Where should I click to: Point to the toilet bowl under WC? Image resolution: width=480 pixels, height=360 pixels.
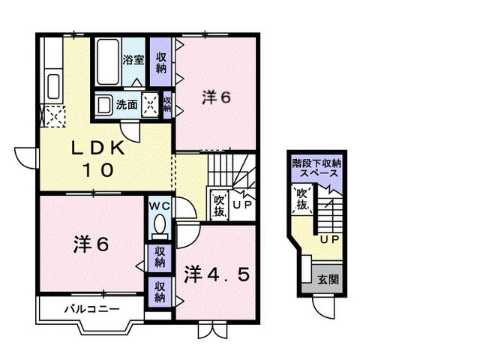159,225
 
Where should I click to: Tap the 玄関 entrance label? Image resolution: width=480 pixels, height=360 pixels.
328,279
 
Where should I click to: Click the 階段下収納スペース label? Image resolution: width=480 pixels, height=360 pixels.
316,167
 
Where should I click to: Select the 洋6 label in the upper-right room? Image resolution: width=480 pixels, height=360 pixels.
215,97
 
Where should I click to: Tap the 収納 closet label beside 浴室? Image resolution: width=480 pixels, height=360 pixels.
161,62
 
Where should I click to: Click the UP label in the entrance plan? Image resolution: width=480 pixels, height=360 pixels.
328,241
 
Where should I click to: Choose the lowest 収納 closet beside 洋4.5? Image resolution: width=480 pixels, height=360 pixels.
160,291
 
